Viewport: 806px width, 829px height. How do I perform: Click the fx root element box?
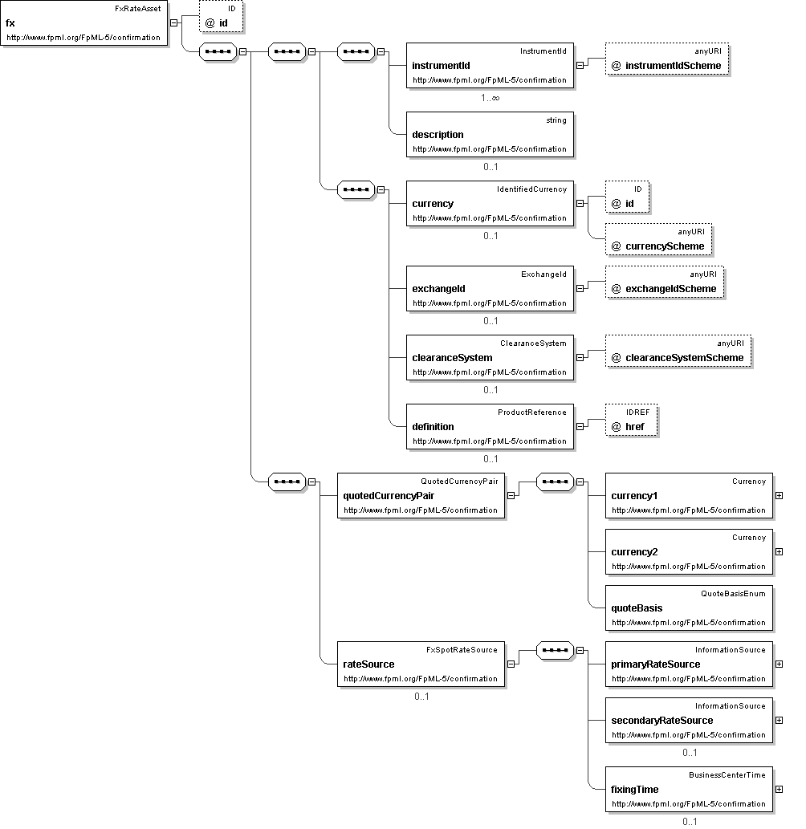(x=84, y=23)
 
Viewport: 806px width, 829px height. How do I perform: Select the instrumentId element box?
(x=490, y=66)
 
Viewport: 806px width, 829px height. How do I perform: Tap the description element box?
(x=490, y=134)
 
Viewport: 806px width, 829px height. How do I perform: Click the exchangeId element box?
(x=490, y=289)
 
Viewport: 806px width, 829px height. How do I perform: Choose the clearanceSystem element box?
(x=490, y=357)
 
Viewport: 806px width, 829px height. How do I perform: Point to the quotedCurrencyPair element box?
(x=421, y=495)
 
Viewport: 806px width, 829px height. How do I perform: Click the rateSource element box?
(x=421, y=664)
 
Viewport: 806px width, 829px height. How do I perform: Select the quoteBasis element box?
(x=689, y=608)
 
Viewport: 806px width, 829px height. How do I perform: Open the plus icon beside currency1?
(x=779, y=495)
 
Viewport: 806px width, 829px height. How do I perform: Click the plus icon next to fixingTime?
(x=779, y=790)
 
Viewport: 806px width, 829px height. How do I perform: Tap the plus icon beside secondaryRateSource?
(x=779, y=720)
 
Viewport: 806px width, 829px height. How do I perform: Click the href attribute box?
(x=632, y=421)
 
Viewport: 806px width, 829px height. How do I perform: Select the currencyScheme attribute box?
(x=659, y=239)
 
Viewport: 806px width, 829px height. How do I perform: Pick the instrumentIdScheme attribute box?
(x=667, y=59)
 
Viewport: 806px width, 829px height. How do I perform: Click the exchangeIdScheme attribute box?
(x=665, y=282)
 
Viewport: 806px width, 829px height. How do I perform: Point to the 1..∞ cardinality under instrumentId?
(x=491, y=98)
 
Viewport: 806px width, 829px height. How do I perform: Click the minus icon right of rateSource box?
(x=511, y=664)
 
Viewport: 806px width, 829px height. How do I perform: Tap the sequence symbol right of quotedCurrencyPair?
(x=556, y=482)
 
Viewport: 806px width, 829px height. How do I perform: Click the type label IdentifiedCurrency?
(x=531, y=189)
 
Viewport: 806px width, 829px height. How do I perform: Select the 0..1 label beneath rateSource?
(x=421, y=697)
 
